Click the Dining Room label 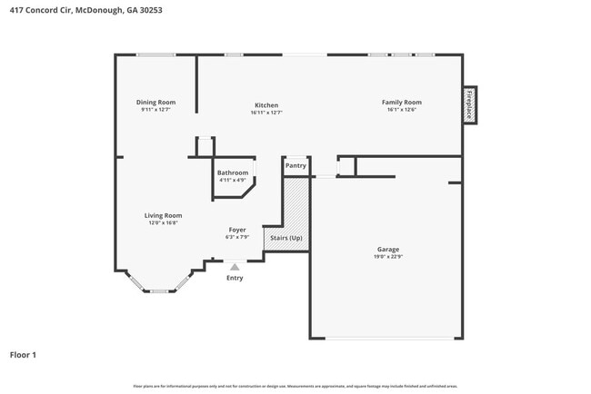click(155, 103)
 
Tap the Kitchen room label click(265, 105)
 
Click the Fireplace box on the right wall click(469, 104)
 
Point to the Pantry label click(295, 166)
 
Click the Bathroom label click(233, 172)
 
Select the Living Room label click(163, 215)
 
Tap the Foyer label click(236, 230)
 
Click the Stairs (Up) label click(286, 238)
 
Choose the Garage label click(388, 249)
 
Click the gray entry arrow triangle click(235, 267)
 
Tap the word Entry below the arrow click(235, 278)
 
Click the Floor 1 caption click(23, 354)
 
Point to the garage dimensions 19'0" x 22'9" click(388, 256)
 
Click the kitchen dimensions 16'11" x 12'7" click(265, 113)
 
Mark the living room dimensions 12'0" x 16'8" click(163, 222)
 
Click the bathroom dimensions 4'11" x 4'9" click(233, 180)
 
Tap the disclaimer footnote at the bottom click(295, 386)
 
